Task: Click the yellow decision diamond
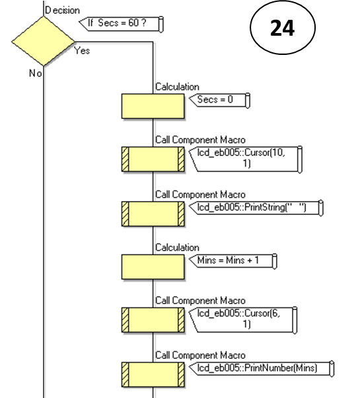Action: [43, 42]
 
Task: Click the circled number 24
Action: [282, 30]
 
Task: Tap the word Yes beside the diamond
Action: [83, 50]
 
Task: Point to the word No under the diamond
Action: [34, 73]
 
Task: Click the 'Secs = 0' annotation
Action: [220, 100]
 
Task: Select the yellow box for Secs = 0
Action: [153, 106]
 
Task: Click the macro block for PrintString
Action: [153, 213]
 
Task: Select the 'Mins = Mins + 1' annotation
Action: [228, 260]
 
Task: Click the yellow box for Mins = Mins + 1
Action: [153, 266]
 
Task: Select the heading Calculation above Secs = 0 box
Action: [177, 87]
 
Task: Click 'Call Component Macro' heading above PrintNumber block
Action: [199, 355]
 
